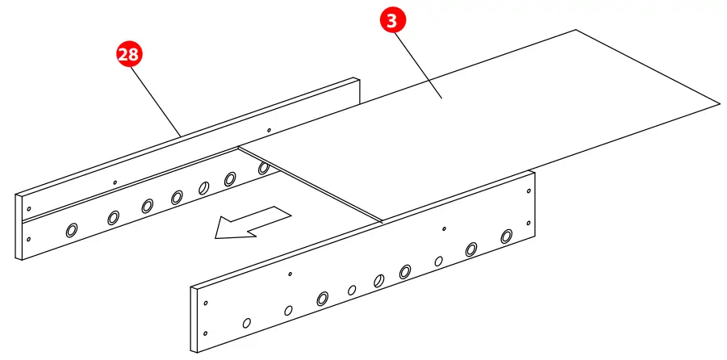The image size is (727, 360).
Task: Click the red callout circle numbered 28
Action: tap(128, 55)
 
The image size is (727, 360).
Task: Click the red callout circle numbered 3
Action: tap(391, 21)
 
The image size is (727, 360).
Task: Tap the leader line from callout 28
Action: tap(156, 97)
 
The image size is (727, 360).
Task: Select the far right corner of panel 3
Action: tap(718, 104)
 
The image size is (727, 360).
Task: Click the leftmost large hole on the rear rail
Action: tap(71, 230)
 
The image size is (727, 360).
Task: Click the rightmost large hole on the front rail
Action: tap(506, 237)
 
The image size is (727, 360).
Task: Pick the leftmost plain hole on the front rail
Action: tap(247, 323)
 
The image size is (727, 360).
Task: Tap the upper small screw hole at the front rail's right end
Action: tap(529, 190)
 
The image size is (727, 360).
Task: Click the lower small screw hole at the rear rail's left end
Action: tap(29, 239)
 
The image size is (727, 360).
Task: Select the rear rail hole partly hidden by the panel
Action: tap(263, 169)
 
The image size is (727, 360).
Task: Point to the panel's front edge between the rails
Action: tap(311, 183)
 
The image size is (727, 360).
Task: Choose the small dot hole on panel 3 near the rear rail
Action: tap(269, 128)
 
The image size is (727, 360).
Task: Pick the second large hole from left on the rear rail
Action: tap(113, 216)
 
